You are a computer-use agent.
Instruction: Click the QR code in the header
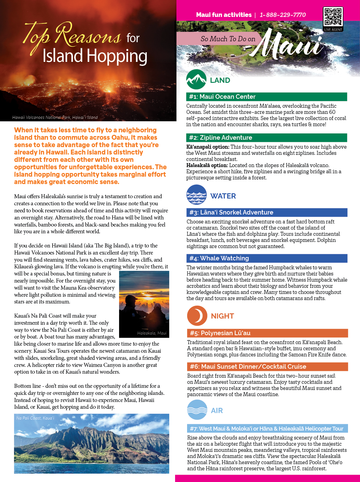click(333, 17)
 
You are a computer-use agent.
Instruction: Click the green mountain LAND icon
click(196, 79)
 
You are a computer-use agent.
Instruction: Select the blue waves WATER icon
click(197, 195)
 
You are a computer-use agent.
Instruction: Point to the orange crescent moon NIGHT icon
click(197, 316)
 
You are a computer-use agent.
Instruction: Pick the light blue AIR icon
click(197, 410)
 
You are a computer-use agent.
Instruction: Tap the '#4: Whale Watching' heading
click(219, 258)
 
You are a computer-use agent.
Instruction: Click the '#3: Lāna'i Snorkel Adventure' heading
click(231, 212)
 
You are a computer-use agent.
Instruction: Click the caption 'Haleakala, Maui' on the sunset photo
click(152, 333)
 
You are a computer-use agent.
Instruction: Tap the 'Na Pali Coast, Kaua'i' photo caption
click(35, 418)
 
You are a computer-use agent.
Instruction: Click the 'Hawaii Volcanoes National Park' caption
click(55, 117)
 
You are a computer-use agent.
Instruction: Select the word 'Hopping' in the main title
click(117, 57)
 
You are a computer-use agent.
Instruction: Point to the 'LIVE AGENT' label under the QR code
click(333, 30)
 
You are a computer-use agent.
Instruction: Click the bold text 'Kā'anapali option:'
click(208, 147)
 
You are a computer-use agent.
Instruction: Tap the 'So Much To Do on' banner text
click(228, 39)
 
